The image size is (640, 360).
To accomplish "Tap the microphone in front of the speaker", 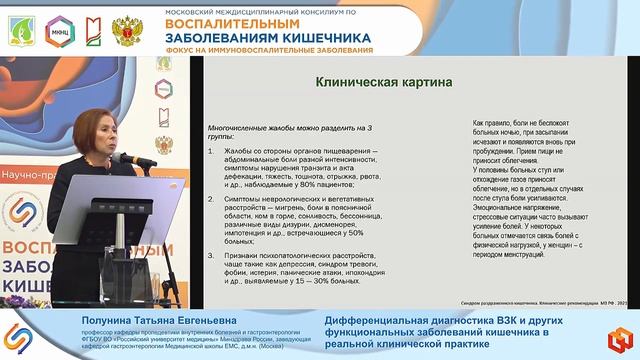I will point(123,158).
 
